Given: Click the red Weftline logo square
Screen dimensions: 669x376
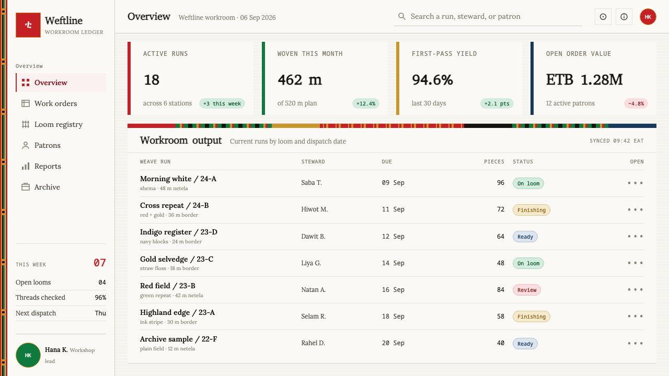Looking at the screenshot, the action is (28, 25).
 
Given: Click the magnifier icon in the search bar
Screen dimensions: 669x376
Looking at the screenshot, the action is (402, 16).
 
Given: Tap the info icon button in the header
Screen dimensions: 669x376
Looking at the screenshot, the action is (624, 17).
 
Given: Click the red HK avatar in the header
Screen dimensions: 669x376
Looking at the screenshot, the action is (648, 17).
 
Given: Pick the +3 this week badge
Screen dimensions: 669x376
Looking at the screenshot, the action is (222, 103).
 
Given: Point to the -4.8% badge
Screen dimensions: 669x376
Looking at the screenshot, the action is (636, 103).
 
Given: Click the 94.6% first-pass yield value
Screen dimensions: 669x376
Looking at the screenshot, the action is (432, 80).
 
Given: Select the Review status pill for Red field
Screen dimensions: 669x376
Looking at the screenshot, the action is (526, 290).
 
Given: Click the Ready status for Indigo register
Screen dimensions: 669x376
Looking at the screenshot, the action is (525, 237).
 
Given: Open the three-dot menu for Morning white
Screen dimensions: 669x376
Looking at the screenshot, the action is (635, 183).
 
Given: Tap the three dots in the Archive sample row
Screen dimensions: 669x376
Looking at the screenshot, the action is (635, 343).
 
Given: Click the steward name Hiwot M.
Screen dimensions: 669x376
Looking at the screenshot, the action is (314, 209).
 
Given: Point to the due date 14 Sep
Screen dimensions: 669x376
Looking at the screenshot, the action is (393, 263).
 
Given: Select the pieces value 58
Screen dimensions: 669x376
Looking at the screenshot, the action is (501, 316).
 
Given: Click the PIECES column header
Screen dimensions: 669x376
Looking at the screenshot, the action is (494, 162).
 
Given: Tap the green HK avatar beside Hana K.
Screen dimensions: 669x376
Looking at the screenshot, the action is (28, 355).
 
